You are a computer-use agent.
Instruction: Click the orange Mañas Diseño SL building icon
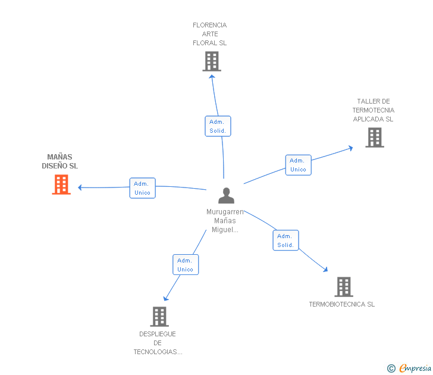click(61, 185)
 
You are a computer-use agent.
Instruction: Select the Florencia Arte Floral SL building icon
click(211, 61)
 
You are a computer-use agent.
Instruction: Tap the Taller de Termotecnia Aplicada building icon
click(374, 137)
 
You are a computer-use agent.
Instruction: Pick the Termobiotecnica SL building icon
click(343, 287)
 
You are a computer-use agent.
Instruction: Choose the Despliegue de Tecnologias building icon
click(159, 317)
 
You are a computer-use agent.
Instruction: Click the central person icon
click(226, 196)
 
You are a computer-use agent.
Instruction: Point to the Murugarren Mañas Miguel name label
click(225, 221)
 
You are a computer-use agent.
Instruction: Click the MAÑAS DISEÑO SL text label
click(59, 162)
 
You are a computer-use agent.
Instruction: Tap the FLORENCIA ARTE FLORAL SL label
click(209, 34)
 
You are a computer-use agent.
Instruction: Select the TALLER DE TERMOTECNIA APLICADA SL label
click(373, 110)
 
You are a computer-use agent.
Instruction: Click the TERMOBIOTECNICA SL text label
click(341, 305)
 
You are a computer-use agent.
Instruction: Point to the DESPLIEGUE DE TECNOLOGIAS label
click(158, 343)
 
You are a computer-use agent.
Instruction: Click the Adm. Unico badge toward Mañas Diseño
click(142, 188)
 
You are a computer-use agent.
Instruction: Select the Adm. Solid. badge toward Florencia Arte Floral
click(218, 126)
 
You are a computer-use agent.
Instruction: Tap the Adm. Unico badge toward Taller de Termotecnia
click(298, 165)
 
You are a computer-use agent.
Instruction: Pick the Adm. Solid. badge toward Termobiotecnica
click(285, 240)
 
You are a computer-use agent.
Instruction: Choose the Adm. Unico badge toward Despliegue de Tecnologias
click(186, 265)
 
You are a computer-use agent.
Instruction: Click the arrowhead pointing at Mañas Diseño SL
click(80, 187)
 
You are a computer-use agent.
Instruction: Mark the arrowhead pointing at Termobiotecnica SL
click(325, 270)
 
